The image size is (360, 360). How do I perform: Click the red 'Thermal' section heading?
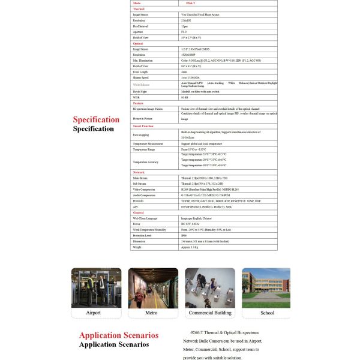pyautogui.click(x=138, y=9)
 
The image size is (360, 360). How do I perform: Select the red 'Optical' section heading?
pyautogui.click(x=137, y=43)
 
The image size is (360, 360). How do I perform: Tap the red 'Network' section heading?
pyautogui.click(x=139, y=172)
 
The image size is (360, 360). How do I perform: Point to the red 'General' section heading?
pyautogui.click(x=138, y=212)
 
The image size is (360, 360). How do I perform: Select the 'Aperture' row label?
pyautogui.click(x=140, y=32)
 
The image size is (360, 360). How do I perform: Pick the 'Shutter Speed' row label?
pyautogui.click(x=142, y=77)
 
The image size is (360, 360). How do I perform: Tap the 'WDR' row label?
pyautogui.click(x=136, y=97)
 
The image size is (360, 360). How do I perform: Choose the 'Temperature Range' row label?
pyautogui.click(x=146, y=149)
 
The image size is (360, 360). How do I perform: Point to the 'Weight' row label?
pyautogui.click(x=137, y=247)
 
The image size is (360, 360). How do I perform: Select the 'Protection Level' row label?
pyautogui.click(x=145, y=235)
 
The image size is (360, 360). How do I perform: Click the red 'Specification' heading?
pyautogui.click(x=96, y=119)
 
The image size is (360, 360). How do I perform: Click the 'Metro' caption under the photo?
pyautogui.click(x=151, y=313)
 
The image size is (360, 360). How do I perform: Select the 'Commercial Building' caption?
pyautogui.click(x=210, y=313)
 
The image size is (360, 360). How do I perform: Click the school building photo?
pyautogui.click(x=266, y=288)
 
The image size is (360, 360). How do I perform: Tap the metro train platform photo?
pyautogui.click(x=153, y=288)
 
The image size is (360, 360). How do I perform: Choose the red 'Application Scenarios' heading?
pyautogui.click(x=119, y=335)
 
